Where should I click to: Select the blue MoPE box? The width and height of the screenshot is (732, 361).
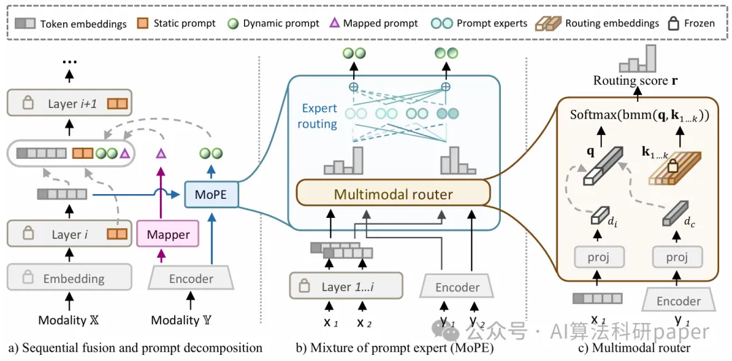pos(206,194)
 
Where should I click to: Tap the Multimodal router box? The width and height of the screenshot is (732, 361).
pos(393,195)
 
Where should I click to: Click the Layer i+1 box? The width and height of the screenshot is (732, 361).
pos(68,104)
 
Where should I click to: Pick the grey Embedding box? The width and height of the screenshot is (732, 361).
pos(68,278)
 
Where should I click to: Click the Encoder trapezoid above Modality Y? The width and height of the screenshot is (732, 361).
pos(191,278)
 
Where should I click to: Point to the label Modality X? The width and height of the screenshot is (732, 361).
pos(62,320)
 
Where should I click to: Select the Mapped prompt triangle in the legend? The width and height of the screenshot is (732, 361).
pos(333,23)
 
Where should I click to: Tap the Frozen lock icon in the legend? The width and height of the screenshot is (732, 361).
pos(673,23)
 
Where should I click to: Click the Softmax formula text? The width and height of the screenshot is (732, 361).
pos(640,116)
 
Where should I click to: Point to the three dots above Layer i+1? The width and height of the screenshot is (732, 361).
pos(68,61)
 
